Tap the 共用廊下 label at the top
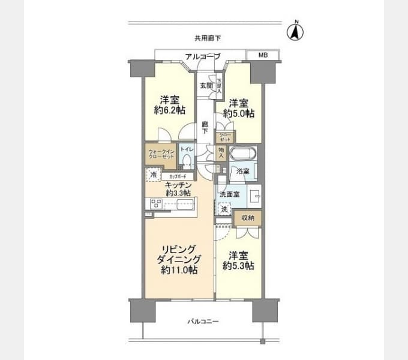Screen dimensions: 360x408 click(208, 38)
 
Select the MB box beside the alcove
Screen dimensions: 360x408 click(263, 55)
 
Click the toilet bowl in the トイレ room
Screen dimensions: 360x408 click(187, 161)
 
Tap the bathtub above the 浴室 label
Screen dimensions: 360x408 click(243, 154)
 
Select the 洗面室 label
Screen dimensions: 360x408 click(229, 194)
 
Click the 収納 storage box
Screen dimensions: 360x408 click(247, 217)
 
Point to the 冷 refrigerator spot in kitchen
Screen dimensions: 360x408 click(152, 175)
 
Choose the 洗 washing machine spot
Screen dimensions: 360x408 click(224, 210)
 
